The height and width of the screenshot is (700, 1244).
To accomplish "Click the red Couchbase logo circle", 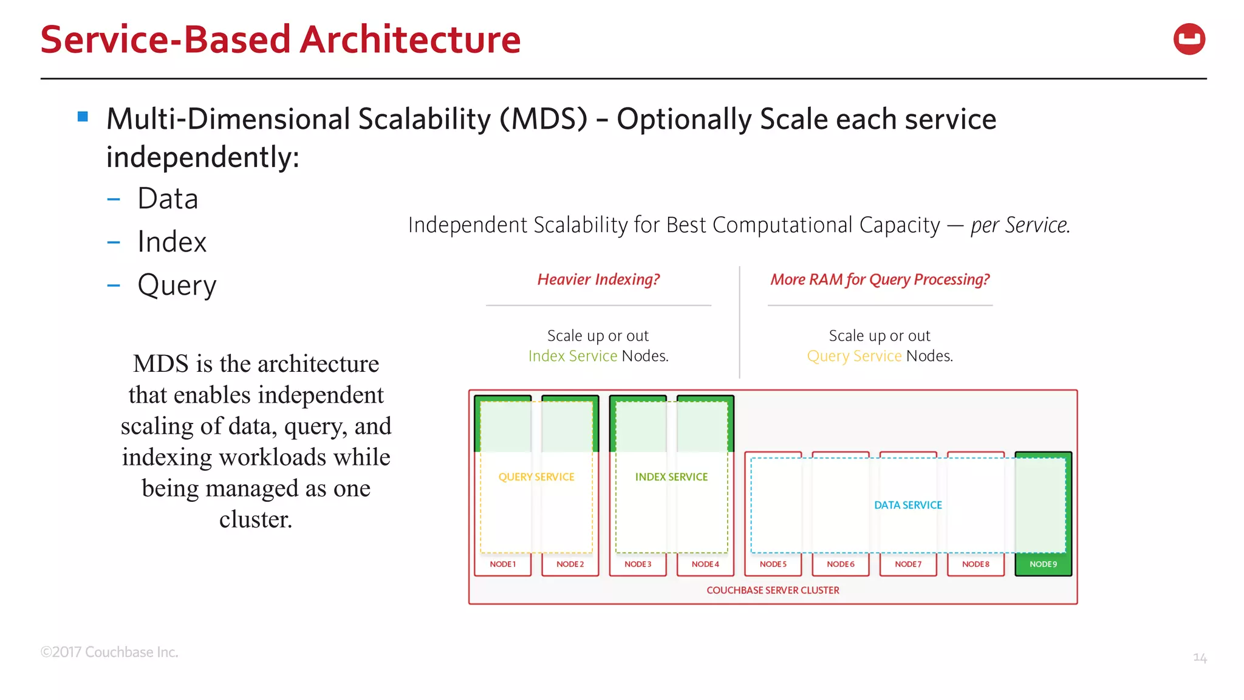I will pos(1189,39).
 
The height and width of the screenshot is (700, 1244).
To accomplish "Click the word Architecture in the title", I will pos(410,39).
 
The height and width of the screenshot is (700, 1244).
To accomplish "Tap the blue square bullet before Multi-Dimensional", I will pos(83,117).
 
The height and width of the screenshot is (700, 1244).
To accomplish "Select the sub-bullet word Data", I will pos(168,199).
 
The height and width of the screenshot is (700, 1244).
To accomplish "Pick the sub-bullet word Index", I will pos(172,242).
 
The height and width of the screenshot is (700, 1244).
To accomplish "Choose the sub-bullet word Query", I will pos(177,285).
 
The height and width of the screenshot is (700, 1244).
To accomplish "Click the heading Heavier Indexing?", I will pos(598,280).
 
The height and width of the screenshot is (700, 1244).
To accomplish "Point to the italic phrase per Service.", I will pos(1020,225).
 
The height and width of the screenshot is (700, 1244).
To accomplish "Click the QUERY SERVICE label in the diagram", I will pos(536,477).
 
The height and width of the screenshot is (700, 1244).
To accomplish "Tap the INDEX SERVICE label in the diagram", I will pos(671,477).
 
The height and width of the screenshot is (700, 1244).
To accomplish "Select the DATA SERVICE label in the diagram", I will pos(907,505).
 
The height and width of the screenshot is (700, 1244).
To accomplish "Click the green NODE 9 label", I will pos(1043,564).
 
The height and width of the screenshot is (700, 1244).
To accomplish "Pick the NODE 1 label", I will pos(502,564).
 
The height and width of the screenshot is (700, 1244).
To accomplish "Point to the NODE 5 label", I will pos(773,564).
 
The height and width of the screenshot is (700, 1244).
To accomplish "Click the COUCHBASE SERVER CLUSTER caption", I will pos(773,590).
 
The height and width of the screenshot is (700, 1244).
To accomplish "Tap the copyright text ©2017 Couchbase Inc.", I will pos(109,652).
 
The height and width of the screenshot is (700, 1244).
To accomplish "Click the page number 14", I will pos(1199,657).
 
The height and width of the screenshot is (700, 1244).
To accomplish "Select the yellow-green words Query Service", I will pos(854,356).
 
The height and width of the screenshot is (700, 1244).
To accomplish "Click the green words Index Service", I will pos(572,356).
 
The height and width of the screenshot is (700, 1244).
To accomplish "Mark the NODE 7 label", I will pos(907,564).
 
